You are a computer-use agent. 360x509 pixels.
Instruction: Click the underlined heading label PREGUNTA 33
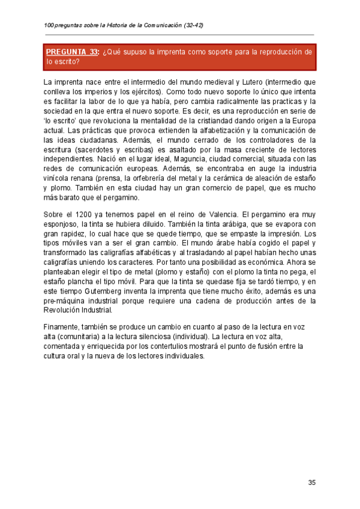pyautogui.click(x=72, y=52)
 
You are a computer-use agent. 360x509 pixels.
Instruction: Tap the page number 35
pyautogui.click(x=312, y=483)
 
